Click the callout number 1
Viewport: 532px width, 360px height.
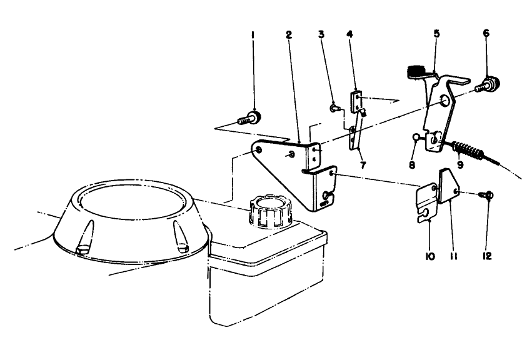point(253,36)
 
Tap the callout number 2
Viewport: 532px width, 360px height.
point(289,34)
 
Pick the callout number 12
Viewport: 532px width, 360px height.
point(488,256)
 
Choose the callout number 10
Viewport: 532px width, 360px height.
point(430,256)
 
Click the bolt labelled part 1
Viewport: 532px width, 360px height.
point(251,116)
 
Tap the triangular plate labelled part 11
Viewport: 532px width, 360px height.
point(450,186)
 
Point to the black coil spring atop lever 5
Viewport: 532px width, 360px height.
point(416,73)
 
